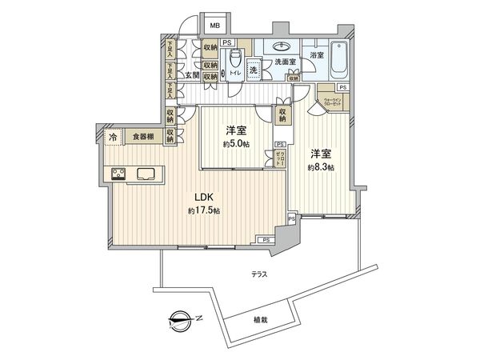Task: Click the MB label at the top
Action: pos(214,26)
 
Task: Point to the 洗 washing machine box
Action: pos(254,70)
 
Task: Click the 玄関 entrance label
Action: pos(192,76)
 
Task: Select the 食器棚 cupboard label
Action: pos(145,137)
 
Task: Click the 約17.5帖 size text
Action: pos(204,210)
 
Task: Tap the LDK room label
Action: pos(204,197)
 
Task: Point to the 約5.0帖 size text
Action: pos(236,145)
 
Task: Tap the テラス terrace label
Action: pos(258,274)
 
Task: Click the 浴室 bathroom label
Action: pos(317,55)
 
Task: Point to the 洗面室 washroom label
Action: pos(286,62)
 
